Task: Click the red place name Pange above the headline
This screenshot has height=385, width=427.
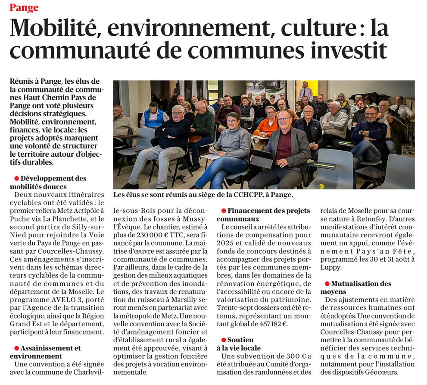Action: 24,7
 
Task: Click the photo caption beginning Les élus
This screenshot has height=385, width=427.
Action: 203,195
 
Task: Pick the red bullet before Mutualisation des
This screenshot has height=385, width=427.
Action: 327,284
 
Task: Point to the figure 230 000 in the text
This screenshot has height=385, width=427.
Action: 140,235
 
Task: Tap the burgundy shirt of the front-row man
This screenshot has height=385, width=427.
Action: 283,147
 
